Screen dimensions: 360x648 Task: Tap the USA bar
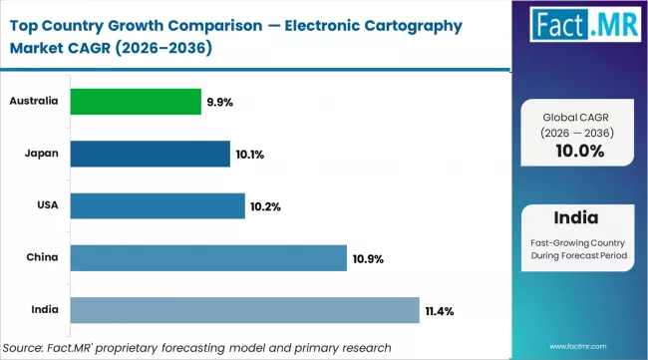pyautogui.click(x=158, y=205)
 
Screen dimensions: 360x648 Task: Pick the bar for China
pyautogui.click(x=208, y=258)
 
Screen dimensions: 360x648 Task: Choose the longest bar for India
pyautogui.click(x=244, y=310)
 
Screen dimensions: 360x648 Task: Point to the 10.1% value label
pyautogui.click(x=251, y=155)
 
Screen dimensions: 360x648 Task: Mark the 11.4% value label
pyautogui.click(x=440, y=311)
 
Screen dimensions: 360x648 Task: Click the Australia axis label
pyautogui.click(x=34, y=101)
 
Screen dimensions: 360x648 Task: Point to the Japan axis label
pyautogui.click(x=41, y=154)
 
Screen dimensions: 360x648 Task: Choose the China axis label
pyautogui.click(x=41, y=258)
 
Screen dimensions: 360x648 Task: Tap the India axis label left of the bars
pyautogui.click(x=43, y=310)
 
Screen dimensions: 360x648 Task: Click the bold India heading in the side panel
pyautogui.click(x=579, y=218)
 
